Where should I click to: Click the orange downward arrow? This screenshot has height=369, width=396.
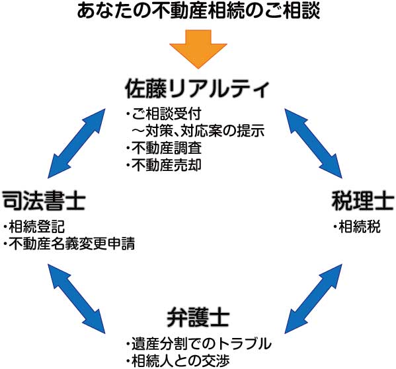click(x=198, y=49)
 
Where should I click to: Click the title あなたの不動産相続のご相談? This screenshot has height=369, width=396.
click(x=198, y=11)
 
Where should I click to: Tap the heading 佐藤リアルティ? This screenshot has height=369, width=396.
click(x=197, y=88)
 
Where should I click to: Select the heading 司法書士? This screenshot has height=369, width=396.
click(x=44, y=201)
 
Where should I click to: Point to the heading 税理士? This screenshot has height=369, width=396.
click(x=363, y=201)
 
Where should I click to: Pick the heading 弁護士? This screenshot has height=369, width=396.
click(x=198, y=317)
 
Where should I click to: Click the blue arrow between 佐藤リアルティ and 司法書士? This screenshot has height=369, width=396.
click(x=77, y=143)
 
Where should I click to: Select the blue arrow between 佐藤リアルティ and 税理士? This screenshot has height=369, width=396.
click(x=313, y=143)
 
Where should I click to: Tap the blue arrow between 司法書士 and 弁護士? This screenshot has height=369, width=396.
click(x=77, y=298)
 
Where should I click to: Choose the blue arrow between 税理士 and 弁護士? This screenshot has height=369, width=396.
click(x=313, y=298)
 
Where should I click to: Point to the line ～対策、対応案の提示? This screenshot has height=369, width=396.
click(x=198, y=131)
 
